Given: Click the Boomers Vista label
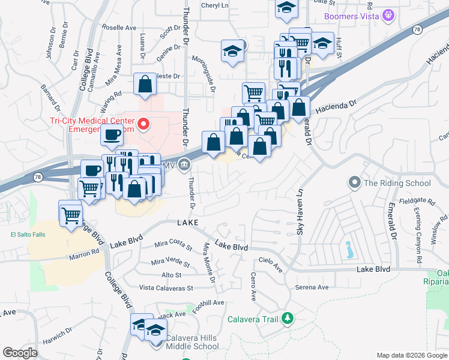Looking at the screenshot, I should pyautogui.click(x=351, y=16).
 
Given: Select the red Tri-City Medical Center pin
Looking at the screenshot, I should pyautogui.click(x=143, y=124).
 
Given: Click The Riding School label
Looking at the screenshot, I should pyautogui.click(x=397, y=183).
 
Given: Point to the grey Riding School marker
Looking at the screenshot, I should pyautogui.click(x=355, y=181).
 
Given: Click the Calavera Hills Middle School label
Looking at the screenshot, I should pyautogui.click(x=193, y=341).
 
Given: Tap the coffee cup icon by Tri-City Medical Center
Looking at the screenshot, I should pyautogui.click(x=112, y=135).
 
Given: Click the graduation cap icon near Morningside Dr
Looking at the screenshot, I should pyautogui.click(x=232, y=51).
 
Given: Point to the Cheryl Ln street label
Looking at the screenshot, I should pyautogui.click(x=217, y=5).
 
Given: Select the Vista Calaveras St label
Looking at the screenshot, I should pyautogui.click(x=166, y=288).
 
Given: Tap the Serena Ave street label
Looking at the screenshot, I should pyautogui.click(x=312, y=287).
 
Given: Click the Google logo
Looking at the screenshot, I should pyautogui.click(x=20, y=353).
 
